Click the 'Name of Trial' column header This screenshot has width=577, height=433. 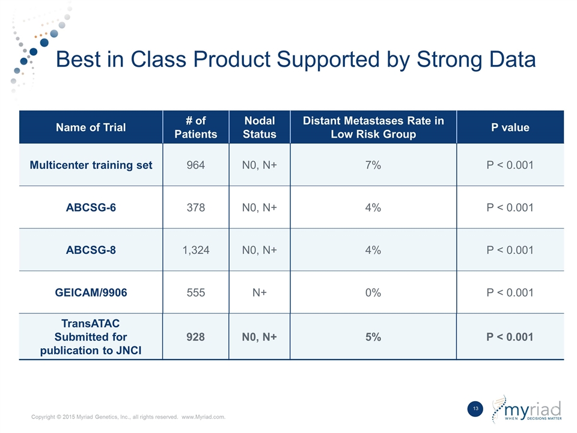point(91,127)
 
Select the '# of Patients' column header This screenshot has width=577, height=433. point(195,127)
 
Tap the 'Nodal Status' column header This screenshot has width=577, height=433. point(259,127)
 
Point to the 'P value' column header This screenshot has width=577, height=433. point(510,127)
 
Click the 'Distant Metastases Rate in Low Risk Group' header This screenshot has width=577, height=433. point(373,127)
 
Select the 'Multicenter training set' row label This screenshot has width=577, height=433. point(91,165)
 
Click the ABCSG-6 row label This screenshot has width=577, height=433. point(91,207)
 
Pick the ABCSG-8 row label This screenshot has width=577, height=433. point(91,250)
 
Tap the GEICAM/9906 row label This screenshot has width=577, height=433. point(91,293)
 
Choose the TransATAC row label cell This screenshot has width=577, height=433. point(91,337)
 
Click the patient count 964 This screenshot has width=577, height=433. point(195,165)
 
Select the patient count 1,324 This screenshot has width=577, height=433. point(195,250)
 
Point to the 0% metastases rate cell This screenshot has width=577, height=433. point(373,293)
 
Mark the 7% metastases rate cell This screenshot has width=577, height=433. point(373,165)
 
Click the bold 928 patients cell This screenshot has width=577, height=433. point(195,337)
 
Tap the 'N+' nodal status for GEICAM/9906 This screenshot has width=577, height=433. point(259,293)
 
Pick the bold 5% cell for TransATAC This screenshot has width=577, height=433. point(373,337)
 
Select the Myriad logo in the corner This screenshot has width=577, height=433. point(527,409)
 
